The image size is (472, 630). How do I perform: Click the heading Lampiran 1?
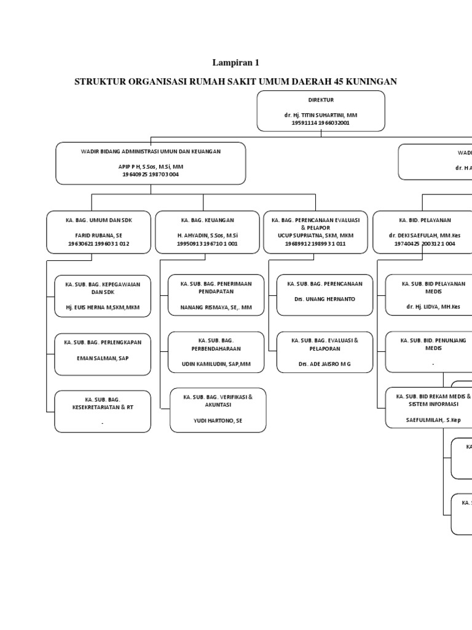click(x=237, y=62)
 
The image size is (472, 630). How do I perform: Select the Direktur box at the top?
click(x=321, y=111)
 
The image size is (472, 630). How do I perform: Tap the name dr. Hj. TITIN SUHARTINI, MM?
click(x=321, y=115)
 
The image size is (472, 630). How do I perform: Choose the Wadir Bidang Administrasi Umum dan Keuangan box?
click(x=151, y=163)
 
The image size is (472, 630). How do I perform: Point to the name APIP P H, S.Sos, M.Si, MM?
click(x=151, y=167)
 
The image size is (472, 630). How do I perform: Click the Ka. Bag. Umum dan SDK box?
click(x=99, y=231)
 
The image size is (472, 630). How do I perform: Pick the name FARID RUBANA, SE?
click(x=99, y=236)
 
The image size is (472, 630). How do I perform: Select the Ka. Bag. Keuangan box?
click(x=207, y=231)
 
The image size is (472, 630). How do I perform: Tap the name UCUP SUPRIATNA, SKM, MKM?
click(x=316, y=236)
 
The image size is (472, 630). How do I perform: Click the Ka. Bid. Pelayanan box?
click(x=424, y=231)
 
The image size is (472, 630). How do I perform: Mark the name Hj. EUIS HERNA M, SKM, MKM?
click(x=103, y=306)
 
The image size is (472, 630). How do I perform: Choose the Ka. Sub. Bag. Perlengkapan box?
click(x=103, y=354)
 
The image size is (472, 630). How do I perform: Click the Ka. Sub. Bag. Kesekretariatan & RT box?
click(x=103, y=411)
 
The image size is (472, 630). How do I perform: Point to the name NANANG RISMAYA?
click(x=216, y=306)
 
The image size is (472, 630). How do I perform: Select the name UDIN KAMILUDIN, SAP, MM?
click(x=216, y=364)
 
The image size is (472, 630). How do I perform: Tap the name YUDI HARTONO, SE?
click(x=218, y=421)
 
